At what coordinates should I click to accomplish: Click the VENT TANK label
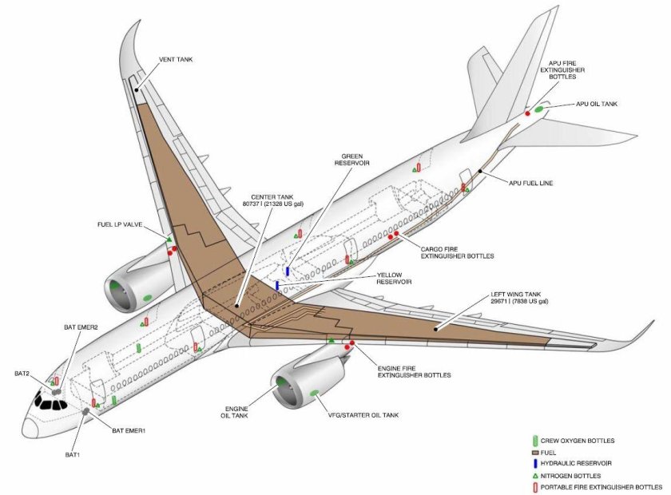pos(176,59)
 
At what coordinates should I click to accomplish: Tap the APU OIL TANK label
pos(597,104)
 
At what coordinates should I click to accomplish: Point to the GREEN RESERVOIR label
pos(352,159)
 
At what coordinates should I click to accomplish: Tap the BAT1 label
pos(73,455)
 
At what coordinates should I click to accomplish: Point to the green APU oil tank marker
pos(539,109)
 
